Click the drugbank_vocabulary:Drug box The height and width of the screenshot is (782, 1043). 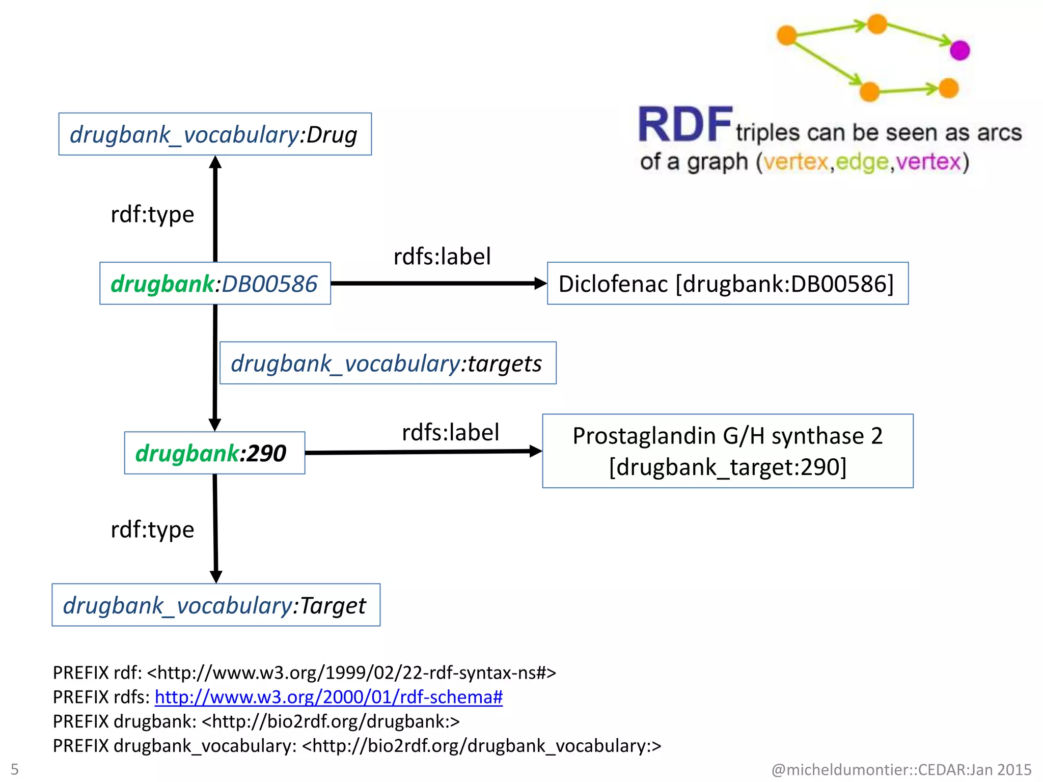(x=215, y=134)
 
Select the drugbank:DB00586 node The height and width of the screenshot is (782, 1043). (x=215, y=284)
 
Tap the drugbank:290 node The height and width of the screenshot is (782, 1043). (x=214, y=453)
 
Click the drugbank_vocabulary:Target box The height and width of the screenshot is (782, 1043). (x=216, y=605)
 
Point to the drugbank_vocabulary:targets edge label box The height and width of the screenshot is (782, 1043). (x=388, y=363)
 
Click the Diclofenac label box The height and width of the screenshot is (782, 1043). (x=727, y=284)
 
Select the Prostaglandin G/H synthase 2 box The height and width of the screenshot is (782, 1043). (x=727, y=451)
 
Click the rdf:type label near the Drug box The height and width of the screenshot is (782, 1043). (x=152, y=214)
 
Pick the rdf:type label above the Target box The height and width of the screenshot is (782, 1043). (x=152, y=529)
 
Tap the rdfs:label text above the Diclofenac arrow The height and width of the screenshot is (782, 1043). (x=442, y=256)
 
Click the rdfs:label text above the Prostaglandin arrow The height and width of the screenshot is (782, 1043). (x=450, y=432)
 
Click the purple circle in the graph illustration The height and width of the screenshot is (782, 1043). (x=959, y=50)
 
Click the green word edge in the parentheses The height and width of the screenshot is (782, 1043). (x=862, y=162)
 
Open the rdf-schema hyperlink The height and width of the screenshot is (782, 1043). (x=328, y=697)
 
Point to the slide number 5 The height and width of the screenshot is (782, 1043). (x=15, y=769)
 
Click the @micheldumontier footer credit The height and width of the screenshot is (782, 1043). (x=901, y=769)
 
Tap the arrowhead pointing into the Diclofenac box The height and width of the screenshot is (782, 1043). (x=541, y=284)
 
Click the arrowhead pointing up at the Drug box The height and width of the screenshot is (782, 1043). (x=215, y=162)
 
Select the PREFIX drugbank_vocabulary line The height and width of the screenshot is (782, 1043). (x=356, y=746)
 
